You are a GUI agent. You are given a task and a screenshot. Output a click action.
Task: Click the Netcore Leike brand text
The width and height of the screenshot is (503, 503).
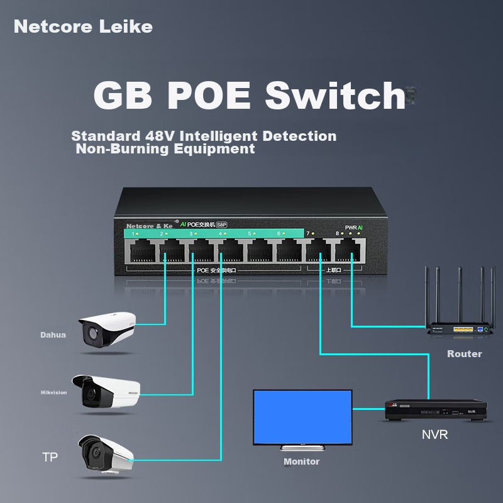(x=83, y=26)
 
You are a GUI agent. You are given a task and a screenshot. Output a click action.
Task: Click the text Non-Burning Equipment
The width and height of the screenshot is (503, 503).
(x=165, y=149)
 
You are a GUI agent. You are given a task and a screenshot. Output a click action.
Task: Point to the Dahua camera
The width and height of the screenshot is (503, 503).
(x=107, y=328)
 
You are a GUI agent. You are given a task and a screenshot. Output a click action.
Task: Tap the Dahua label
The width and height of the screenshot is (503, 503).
(x=53, y=335)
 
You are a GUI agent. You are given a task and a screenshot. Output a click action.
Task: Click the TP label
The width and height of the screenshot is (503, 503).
(x=50, y=457)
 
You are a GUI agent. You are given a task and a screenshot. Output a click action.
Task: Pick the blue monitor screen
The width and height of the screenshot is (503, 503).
(x=302, y=417)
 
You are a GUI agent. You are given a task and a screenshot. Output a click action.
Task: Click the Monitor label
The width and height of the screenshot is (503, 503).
(x=301, y=462)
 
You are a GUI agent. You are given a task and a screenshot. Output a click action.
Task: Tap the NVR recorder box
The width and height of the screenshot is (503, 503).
(x=436, y=411)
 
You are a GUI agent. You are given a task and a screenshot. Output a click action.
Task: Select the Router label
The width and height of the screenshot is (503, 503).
(x=464, y=354)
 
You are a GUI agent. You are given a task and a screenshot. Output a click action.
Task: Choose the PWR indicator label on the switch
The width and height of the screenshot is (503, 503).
(x=351, y=227)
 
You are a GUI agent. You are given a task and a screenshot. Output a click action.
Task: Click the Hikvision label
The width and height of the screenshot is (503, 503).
(x=53, y=393)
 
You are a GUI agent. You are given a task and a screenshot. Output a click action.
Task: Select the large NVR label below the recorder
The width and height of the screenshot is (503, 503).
(x=434, y=434)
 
